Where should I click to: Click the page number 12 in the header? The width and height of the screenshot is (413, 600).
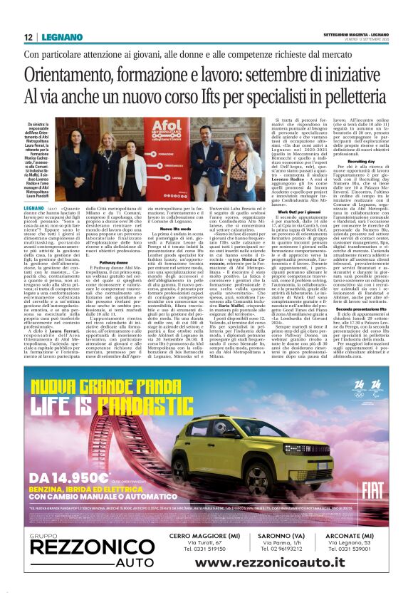28,37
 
